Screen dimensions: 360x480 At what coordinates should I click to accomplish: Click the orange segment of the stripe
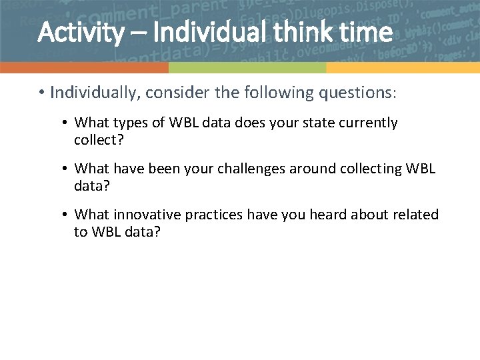(x=84, y=67)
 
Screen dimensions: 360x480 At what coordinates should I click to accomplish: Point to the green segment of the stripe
(x=247, y=67)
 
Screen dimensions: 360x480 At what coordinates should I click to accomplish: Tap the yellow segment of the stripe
(x=403, y=67)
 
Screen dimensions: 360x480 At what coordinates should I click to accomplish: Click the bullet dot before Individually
(x=41, y=93)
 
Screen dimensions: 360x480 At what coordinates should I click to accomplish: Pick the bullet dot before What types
(x=65, y=123)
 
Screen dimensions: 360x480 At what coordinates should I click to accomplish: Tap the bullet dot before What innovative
(x=65, y=215)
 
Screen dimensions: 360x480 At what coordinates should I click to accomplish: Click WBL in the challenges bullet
(x=421, y=169)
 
